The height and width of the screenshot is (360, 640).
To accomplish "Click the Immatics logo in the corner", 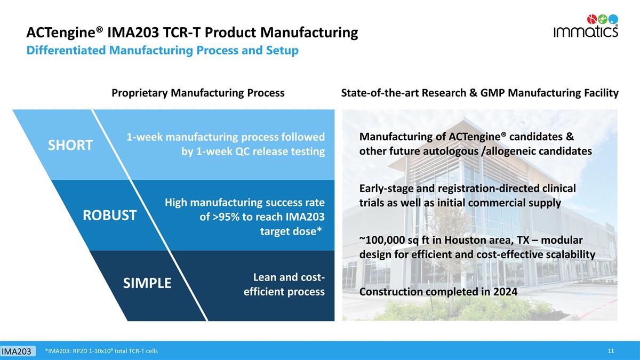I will (x=585, y=26).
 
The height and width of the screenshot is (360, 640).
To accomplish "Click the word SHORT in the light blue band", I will (x=70, y=145).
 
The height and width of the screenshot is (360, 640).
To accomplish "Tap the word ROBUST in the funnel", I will (x=109, y=215).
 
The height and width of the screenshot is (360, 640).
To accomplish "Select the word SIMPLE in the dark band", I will (x=147, y=283).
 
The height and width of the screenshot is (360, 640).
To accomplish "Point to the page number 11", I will (x=611, y=350).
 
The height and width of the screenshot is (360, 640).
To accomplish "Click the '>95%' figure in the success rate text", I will (x=226, y=217).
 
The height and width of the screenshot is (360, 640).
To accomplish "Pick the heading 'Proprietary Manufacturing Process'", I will (x=198, y=93).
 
